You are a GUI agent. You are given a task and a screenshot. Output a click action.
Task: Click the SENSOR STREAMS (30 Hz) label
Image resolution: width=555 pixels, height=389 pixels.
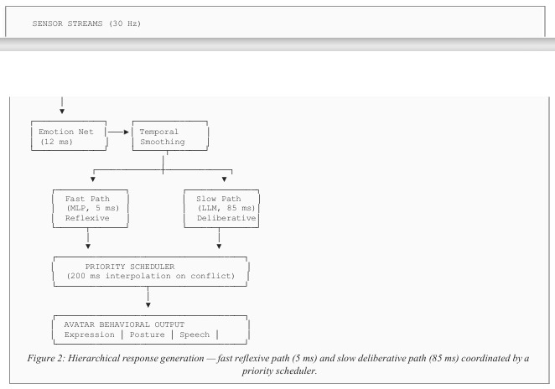click(86, 23)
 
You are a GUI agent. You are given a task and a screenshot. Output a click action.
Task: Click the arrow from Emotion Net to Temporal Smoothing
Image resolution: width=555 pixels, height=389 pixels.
click(118, 132)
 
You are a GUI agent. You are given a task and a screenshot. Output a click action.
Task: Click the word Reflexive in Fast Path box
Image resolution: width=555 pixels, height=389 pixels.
click(87, 218)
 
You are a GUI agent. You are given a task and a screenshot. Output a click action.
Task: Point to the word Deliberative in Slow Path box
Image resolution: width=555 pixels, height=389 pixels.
click(226, 218)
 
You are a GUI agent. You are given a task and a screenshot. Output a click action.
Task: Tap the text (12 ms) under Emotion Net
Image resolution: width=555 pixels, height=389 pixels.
click(57, 142)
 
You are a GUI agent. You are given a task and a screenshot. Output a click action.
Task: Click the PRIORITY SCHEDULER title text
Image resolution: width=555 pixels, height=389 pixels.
click(130, 267)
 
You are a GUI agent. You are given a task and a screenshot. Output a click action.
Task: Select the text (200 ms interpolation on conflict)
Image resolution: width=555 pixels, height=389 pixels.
click(151, 276)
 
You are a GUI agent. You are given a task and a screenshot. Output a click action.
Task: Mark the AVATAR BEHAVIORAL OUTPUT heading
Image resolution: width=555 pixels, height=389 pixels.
click(124, 324)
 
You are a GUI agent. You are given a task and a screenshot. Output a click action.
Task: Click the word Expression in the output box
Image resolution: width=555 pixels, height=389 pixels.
click(90, 335)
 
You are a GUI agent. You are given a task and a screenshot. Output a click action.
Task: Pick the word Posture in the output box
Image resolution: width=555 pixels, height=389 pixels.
click(148, 335)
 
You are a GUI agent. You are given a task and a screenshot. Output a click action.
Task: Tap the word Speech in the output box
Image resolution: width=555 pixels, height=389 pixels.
click(195, 335)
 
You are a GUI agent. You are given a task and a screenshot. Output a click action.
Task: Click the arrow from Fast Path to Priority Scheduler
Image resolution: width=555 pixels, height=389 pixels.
click(88, 239)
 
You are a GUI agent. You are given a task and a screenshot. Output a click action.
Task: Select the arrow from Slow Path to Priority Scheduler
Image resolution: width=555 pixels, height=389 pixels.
click(219, 239)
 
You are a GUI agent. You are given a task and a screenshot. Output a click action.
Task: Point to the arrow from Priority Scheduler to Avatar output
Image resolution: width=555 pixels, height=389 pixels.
click(148, 298)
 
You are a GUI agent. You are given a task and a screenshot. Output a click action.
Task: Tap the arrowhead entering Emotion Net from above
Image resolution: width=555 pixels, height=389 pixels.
click(62, 112)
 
